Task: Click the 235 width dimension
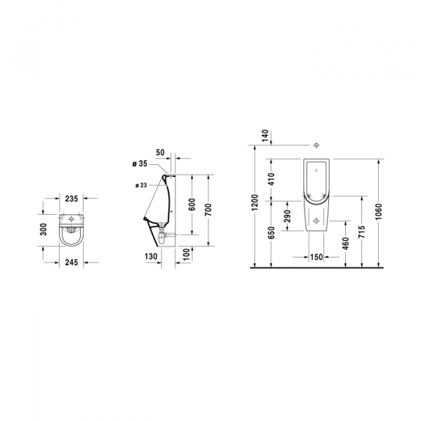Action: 71,199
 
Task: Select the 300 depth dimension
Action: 44,229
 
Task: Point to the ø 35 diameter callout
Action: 141,163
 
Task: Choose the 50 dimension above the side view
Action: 160,152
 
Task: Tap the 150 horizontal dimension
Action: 316,258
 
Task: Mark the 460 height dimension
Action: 346,245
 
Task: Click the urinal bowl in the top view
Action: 71,235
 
